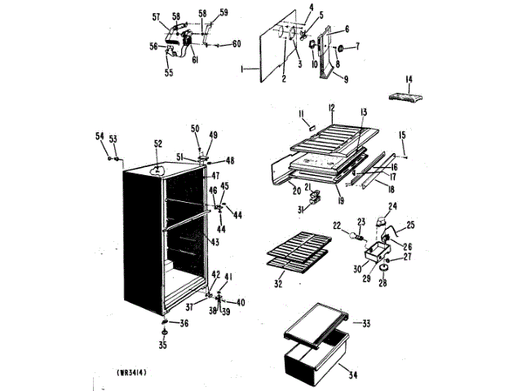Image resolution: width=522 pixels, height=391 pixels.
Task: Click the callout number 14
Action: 409,79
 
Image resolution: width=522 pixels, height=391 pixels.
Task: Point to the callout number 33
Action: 365,323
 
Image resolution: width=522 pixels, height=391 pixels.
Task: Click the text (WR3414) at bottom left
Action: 138,373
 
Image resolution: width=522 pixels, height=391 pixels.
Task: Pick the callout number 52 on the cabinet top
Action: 157,144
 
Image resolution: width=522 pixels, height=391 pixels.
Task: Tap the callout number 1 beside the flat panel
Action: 242,70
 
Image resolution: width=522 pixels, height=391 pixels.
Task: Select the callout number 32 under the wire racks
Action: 280,284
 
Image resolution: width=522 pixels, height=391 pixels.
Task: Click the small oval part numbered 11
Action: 310,125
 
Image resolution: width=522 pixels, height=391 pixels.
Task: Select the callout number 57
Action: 155,16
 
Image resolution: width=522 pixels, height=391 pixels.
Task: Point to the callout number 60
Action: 237,43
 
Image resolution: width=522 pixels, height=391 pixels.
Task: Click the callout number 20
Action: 295,191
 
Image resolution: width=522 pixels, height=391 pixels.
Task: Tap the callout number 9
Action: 346,80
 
